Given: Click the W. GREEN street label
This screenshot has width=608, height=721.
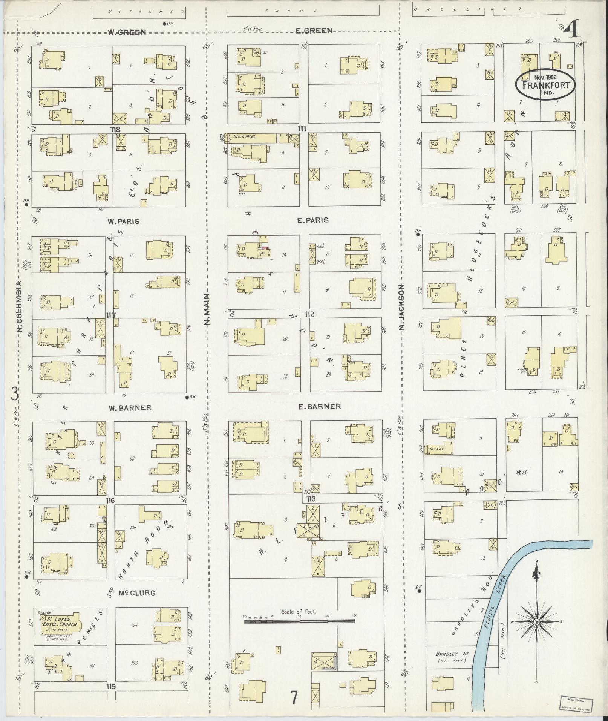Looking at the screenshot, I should click(x=127, y=32).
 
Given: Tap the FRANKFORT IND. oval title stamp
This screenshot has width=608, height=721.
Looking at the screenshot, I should click(x=545, y=84).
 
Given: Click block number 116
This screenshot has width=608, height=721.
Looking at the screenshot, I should click(x=110, y=501).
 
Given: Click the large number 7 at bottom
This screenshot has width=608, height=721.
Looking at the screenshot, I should click(x=294, y=697).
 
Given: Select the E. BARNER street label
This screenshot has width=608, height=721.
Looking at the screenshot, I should click(x=319, y=406).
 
